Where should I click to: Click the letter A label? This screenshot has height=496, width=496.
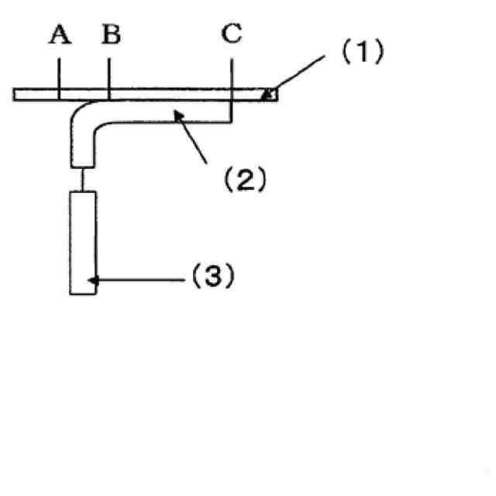[x=59, y=35]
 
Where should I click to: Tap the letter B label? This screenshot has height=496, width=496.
[x=111, y=35]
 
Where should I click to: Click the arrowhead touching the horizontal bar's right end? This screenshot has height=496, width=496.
[x=268, y=95]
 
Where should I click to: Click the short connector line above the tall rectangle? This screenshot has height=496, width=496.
[x=82, y=179]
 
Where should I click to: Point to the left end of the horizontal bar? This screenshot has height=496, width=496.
[x=17, y=94]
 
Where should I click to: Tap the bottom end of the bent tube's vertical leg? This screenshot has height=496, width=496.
[x=82, y=164]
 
